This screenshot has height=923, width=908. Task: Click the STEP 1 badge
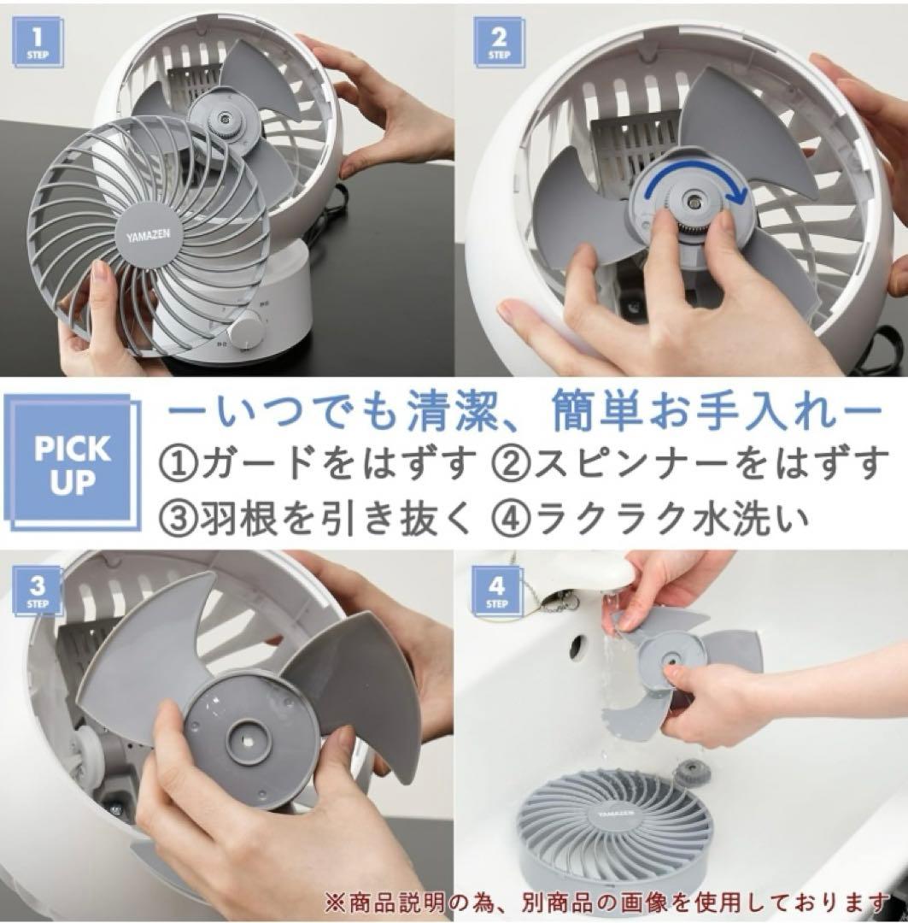(x=37, y=44)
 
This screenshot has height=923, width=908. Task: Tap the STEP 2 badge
(x=498, y=44)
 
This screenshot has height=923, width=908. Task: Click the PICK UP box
(x=72, y=465)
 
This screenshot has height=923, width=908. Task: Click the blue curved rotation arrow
(x=694, y=176)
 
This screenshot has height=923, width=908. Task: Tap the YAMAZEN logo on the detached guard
(x=149, y=236)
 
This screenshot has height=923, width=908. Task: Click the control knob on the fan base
(x=244, y=334)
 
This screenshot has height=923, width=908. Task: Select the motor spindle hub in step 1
(x=224, y=118)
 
